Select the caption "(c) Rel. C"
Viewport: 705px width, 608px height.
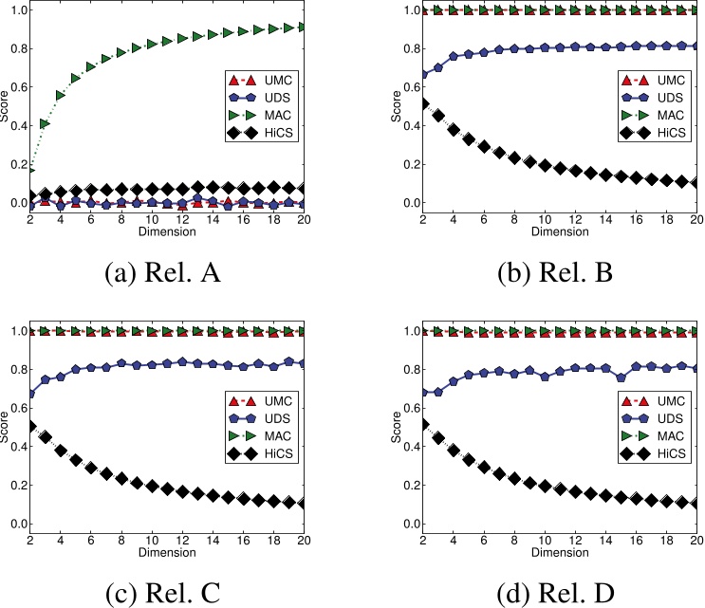(x=176, y=592)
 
